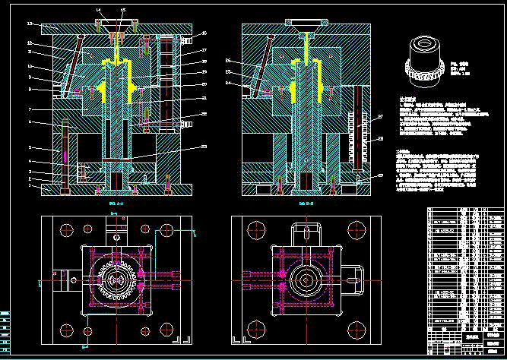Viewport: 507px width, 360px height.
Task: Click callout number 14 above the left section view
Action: tap(99, 9)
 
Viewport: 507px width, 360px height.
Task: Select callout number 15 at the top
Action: tap(123, 9)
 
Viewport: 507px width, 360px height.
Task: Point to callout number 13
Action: tap(30, 24)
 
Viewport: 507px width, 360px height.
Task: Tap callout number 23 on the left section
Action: tap(204, 146)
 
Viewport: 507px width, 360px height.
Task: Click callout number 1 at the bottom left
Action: tap(30, 185)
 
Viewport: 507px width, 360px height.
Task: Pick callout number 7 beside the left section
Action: tap(30, 109)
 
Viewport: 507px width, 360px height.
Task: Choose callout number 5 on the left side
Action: tap(30, 147)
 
